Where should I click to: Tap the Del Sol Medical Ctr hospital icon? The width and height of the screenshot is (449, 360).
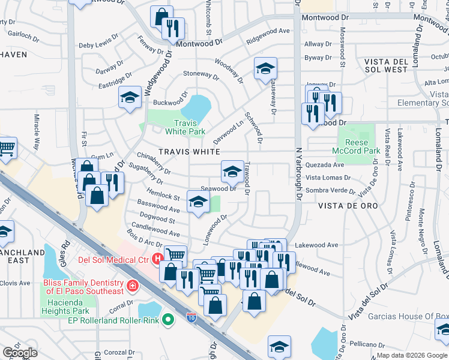coord(157,260)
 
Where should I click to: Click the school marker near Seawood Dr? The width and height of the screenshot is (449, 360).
coord(232,172)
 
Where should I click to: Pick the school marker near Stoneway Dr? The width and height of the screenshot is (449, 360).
coord(265,69)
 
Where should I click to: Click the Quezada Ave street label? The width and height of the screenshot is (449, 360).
coord(325,164)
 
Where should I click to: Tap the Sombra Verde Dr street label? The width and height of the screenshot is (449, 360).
coord(331,190)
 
